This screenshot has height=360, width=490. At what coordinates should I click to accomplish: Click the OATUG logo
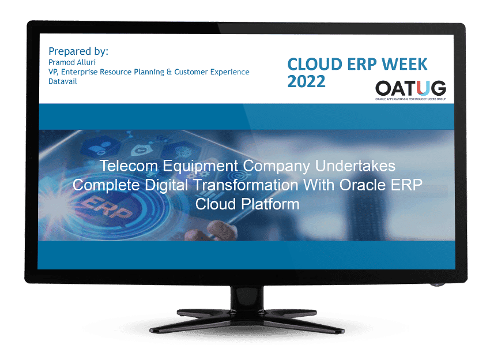point(410,89)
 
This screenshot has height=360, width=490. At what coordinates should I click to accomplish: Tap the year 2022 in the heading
point(306,82)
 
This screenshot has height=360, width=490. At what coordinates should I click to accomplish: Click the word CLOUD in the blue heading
point(312,63)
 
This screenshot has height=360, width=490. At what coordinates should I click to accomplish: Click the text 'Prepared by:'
point(78,51)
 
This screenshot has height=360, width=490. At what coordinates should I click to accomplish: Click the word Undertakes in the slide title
point(358,166)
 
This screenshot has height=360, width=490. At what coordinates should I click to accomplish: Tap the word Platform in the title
point(272,204)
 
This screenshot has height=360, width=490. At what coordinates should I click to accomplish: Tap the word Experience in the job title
point(228,72)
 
